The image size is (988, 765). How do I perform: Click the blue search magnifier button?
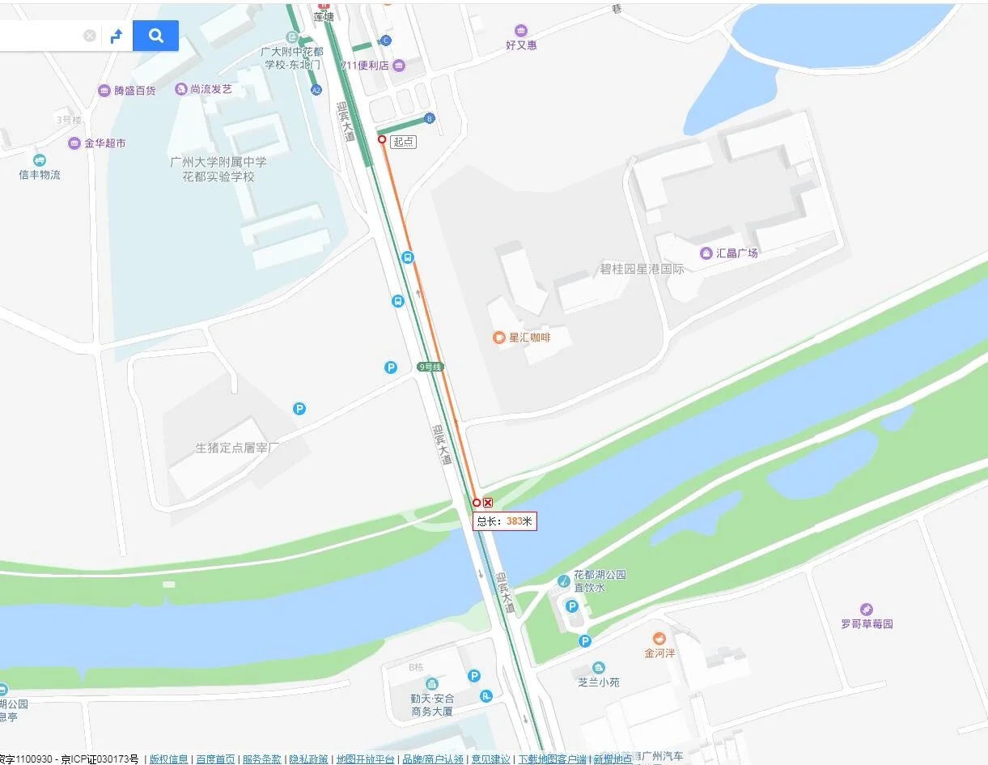[155, 36]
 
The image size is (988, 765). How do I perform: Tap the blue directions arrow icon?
[117, 36]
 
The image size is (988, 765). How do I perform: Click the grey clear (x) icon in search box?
[90, 36]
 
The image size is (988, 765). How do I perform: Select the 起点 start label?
[403, 142]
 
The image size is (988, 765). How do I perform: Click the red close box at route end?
[488, 503]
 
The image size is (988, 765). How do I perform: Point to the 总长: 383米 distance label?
[505, 521]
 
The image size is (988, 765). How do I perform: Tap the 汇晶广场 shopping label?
[736, 253]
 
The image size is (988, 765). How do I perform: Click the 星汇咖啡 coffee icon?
[499, 338]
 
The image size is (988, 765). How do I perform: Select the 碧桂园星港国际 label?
[642, 269]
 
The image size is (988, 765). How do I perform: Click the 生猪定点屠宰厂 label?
[237, 448]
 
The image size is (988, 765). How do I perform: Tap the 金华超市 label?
[104, 143]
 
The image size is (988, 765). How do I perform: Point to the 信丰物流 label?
[40, 175]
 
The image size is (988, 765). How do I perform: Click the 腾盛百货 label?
[134, 91]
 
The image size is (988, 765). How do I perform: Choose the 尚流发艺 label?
[210, 89]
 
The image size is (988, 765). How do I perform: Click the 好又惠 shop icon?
[520, 31]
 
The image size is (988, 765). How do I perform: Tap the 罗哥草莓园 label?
[867, 624]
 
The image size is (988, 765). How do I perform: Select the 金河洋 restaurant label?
[659, 652]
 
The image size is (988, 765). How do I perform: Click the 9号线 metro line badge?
[430, 367]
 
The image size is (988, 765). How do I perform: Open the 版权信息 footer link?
[168, 759]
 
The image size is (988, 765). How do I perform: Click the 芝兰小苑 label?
[599, 682]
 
